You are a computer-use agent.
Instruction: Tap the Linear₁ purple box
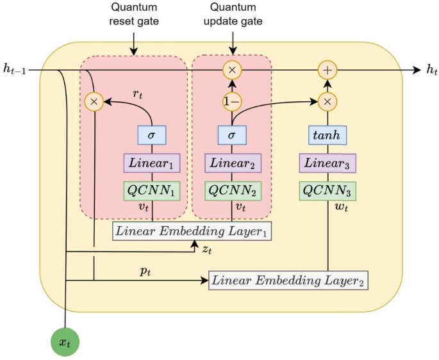click(152, 163)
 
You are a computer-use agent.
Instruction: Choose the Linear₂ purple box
click(232, 163)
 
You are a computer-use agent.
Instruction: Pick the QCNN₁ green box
click(152, 191)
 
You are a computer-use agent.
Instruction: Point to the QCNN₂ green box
click(232, 191)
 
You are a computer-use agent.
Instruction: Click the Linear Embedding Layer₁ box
click(192, 230)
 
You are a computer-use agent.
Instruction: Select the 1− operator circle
click(232, 101)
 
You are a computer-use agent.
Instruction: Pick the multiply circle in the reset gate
click(94, 101)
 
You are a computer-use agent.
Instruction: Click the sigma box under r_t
click(152, 136)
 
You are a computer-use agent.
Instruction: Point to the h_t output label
click(432, 69)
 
